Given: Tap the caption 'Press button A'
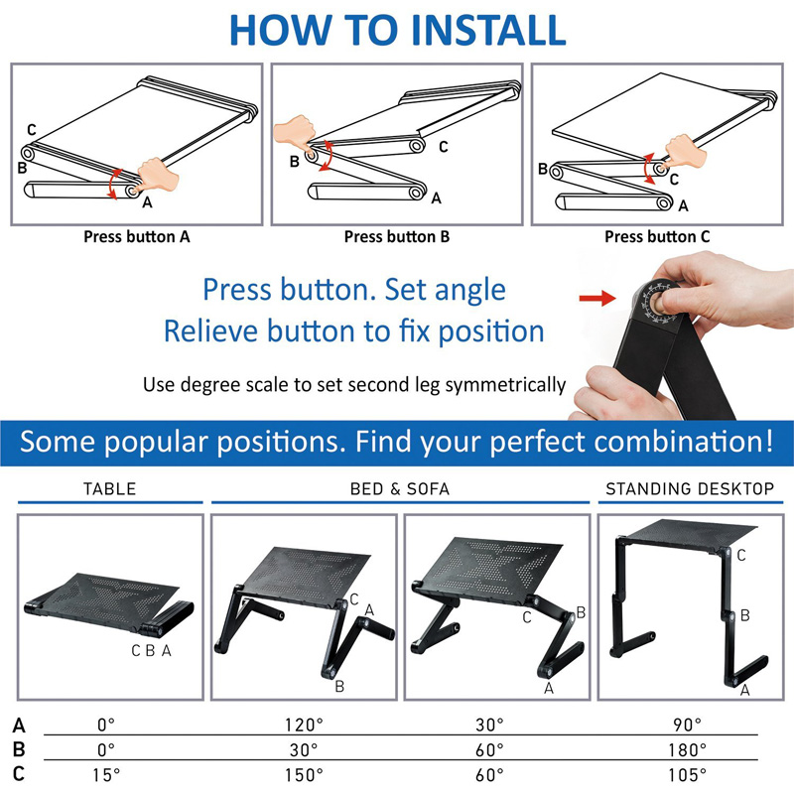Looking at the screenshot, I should coord(137,237).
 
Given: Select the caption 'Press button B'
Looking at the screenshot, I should coord(397,237).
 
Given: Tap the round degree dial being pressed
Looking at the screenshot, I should coord(658,297).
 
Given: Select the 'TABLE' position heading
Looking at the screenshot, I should coord(109,489).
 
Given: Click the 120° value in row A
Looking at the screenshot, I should coord(304,725).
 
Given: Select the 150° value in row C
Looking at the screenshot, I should coord(304,774).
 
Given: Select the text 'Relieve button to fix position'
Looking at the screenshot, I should coord(353,331).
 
